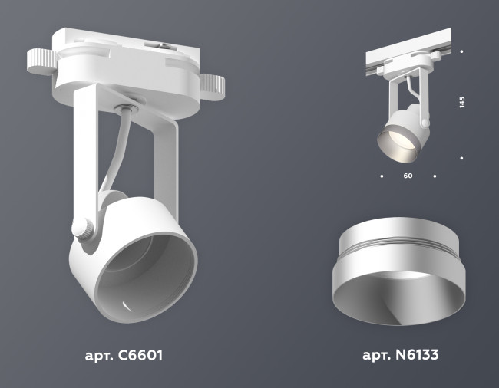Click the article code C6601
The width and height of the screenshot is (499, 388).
point(139,356)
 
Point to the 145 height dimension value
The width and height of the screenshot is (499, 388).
point(462,104)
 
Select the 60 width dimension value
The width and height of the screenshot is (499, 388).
point(408,176)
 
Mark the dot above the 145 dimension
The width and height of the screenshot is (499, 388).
point(462,52)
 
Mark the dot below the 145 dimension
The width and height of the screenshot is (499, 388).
point(462,158)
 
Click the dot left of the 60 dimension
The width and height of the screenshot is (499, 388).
point(382,176)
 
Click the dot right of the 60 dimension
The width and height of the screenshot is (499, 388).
point(435,176)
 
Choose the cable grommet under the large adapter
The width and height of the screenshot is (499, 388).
point(127,107)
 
